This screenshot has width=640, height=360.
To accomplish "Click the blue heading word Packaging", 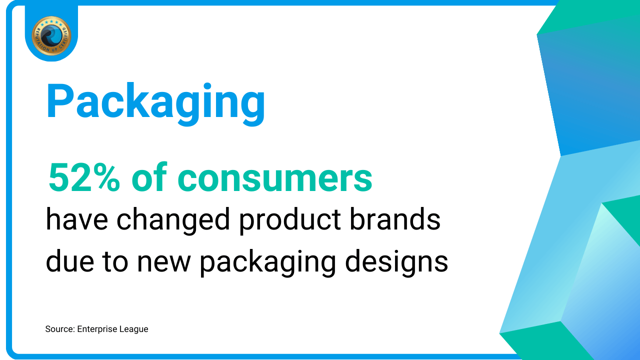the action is coord(155,103).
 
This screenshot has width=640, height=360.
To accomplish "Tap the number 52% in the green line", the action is coord(84,177).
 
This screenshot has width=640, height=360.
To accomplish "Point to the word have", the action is coord(77,219).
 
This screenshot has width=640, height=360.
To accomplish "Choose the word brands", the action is coord(395,219).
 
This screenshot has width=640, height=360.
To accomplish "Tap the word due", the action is coord(70,261).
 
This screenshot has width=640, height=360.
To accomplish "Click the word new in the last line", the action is coord(164,263).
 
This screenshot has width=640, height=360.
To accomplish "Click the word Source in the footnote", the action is coord(60,329).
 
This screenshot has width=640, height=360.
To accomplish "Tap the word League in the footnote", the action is coord(133,329).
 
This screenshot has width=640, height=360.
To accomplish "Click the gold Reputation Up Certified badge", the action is coord(51,35).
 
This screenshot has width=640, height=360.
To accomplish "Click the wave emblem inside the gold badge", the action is coord(51,35).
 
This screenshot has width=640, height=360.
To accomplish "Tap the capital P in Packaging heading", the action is coord(59,100).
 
